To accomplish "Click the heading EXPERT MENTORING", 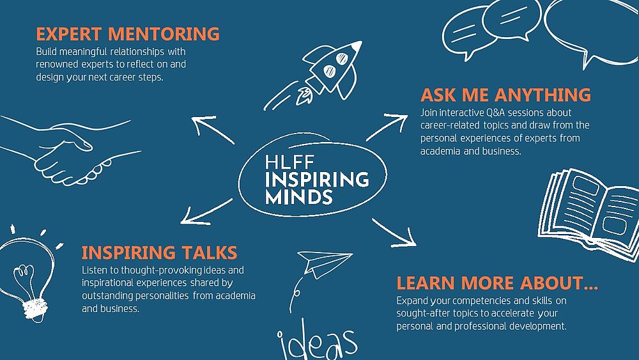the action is pyautogui.click(x=128, y=34).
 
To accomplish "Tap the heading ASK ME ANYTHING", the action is pyautogui.click(x=505, y=95).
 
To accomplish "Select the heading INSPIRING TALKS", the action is pyautogui.click(x=159, y=253).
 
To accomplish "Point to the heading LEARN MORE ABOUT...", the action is pyautogui.click(x=497, y=283).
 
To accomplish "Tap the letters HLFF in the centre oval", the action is pyautogui.click(x=289, y=162).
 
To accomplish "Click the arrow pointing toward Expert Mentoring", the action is pyautogui.click(x=212, y=130).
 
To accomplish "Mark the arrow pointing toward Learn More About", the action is pyautogui.click(x=394, y=233).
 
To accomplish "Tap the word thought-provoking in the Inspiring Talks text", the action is pyautogui.click(x=162, y=270).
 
